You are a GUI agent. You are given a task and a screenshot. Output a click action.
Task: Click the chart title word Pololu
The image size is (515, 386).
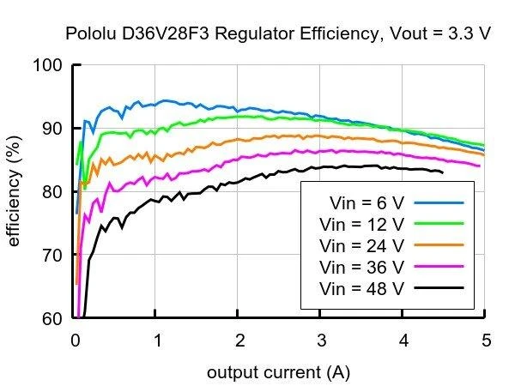(91, 33)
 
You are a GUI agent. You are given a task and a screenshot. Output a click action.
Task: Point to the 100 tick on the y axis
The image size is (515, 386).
(48, 65)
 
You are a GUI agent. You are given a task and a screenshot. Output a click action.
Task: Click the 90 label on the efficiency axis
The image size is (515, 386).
(52, 129)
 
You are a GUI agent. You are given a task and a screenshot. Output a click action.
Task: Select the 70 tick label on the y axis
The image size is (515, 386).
(52, 255)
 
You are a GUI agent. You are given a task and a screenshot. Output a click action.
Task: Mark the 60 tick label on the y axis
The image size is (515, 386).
(52, 318)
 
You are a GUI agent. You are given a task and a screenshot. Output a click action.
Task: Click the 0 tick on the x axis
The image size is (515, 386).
(76, 341)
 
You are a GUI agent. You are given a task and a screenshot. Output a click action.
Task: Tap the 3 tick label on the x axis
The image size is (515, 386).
(322, 341)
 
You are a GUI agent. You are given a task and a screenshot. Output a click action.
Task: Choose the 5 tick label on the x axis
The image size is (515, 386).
(487, 341)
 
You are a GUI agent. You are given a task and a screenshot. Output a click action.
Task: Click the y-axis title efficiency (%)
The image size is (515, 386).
(14, 190)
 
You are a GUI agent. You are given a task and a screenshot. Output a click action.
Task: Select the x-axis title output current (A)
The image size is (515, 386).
(278, 372)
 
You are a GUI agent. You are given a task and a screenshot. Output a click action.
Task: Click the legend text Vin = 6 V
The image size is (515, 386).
(367, 203)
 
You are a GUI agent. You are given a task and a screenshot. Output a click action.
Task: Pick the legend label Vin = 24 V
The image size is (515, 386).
(361, 246)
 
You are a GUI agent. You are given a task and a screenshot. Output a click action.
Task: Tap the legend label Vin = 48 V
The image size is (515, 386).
(361, 288)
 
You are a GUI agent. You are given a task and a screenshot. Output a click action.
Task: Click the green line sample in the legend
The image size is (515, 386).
(439, 224)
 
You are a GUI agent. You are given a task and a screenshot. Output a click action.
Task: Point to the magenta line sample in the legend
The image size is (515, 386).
(439, 266)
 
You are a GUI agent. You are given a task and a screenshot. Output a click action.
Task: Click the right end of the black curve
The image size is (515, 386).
(443, 172)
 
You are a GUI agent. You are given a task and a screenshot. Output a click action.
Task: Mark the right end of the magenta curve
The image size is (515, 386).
(480, 166)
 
